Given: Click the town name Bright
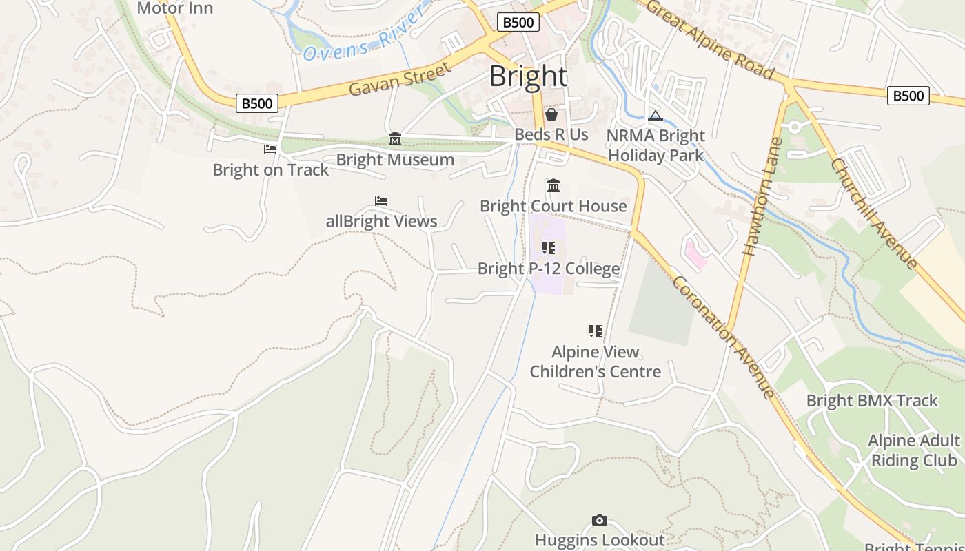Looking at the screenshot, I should coord(528,76).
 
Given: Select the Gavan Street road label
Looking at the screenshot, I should coord(400,79).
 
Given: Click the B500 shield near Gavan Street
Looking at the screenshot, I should coord(257,103).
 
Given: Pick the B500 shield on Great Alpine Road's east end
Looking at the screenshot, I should coord(908,96).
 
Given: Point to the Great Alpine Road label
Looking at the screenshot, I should coord(710,39).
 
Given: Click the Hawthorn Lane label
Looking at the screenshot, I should coord(762,197).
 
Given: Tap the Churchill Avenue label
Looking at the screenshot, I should coord(874,214).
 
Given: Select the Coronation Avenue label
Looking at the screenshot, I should coord(723,337).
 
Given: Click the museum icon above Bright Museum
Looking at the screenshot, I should coord(395,139).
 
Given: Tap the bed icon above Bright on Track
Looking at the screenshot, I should coord(270,149).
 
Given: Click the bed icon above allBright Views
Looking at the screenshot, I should coord(381,201).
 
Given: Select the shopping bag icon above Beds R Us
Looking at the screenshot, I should coord(551,114).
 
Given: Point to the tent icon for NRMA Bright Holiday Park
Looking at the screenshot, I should coord(655,116).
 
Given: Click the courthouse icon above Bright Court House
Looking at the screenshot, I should coord(553,186).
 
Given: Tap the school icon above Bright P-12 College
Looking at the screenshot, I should coord(549,248).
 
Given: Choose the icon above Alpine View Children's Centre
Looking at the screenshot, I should coord(596,331).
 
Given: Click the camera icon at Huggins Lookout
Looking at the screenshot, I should coord(600,521).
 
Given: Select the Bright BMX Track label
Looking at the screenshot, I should coord(872,400).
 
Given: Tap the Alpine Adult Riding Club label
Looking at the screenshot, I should coord(914,450).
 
